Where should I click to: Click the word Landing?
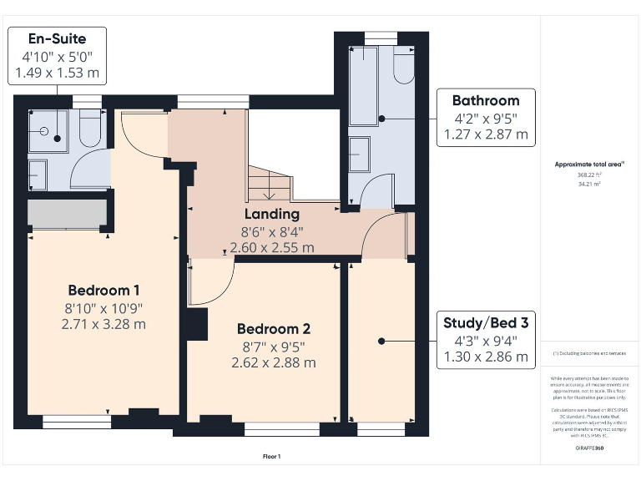272,215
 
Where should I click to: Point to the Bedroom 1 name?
103,291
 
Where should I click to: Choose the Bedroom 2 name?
274,328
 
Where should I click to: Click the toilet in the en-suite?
90,130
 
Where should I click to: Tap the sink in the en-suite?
38,175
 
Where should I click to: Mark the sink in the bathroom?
360,154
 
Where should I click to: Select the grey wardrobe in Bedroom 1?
68,214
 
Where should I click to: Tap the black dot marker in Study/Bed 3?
381,341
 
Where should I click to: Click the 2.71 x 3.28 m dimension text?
103,324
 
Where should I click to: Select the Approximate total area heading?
590,165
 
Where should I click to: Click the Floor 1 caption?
271,457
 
